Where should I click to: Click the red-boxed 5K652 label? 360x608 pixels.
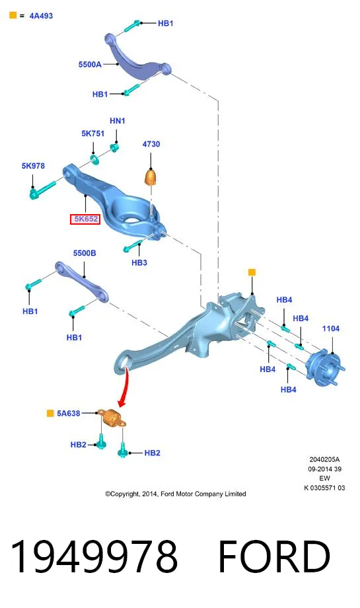tap(85, 219)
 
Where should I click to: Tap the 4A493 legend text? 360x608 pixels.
tap(41, 16)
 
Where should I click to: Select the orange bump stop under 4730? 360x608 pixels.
tap(151, 177)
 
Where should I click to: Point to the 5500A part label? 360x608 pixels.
tap(90, 64)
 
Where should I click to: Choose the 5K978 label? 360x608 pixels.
tap(33, 166)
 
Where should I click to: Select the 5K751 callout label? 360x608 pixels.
tap(93, 133)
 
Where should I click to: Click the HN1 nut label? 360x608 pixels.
tap(118, 121)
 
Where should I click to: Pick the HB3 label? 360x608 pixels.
tap(139, 262)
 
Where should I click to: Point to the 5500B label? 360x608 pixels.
tap(85, 253)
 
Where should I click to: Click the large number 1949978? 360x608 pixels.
tap(94, 556)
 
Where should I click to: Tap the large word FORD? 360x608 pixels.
tap(274, 556)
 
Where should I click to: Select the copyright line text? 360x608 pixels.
tap(176, 494)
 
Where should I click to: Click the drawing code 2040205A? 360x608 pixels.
tap(324, 459)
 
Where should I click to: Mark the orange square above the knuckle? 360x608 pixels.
tap(252, 272)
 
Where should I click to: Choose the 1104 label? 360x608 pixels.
tap(331, 328)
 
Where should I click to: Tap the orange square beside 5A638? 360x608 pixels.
tap(50, 413)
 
